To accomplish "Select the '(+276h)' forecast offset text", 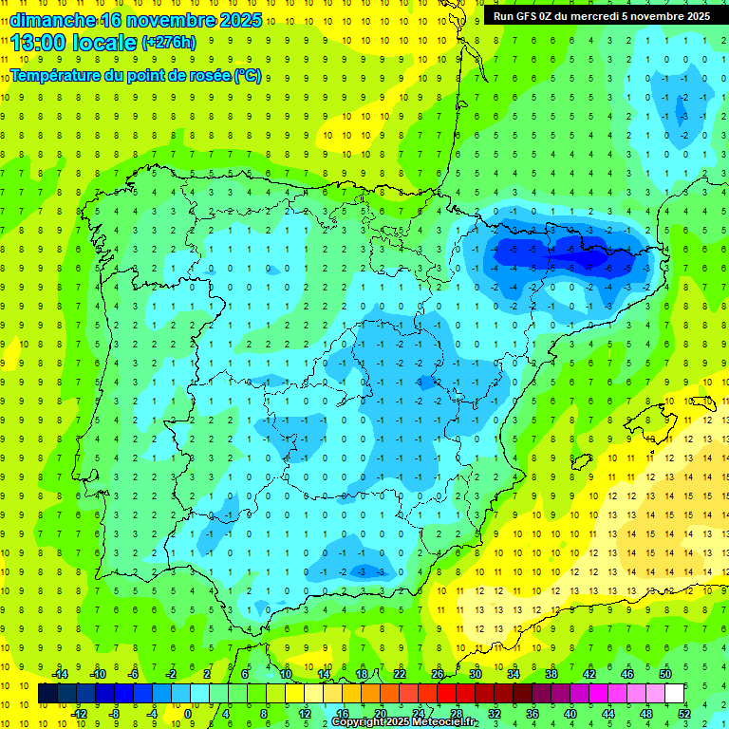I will [169, 42].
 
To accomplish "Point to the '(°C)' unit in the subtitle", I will [248, 75].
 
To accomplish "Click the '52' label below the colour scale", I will [683, 714].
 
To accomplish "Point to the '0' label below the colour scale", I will [188, 714].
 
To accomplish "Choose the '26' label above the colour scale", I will [438, 674].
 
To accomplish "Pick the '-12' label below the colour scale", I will [79, 714].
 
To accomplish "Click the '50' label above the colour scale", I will [665, 674].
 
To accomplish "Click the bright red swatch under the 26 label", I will [447, 694].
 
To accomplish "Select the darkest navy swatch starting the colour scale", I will [47, 694].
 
